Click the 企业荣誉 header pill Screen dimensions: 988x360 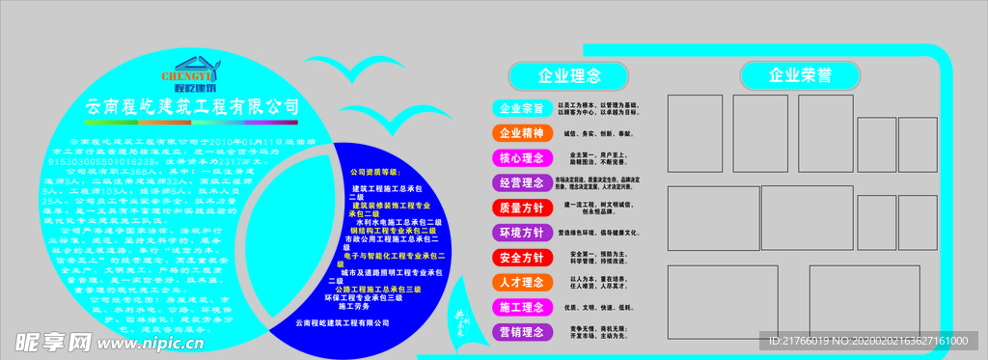[800, 75]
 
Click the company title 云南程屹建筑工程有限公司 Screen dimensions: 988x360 [193, 105]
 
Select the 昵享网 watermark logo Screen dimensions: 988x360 [53, 341]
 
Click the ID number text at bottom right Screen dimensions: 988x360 [868, 342]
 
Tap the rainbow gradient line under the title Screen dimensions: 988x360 [193, 124]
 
